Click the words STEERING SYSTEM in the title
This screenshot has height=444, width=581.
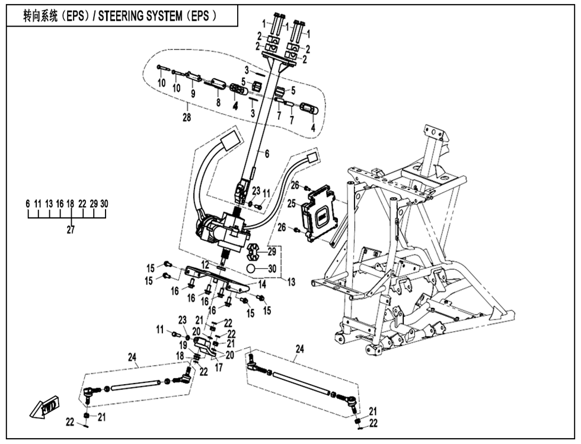click(x=141, y=17)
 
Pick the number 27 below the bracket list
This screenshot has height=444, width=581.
click(x=71, y=231)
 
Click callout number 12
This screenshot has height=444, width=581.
click(x=204, y=264)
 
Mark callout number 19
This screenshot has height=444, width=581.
click(x=184, y=345)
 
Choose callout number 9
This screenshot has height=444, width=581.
click(x=192, y=93)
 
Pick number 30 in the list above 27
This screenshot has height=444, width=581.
click(x=104, y=204)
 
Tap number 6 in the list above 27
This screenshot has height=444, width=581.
click(x=27, y=204)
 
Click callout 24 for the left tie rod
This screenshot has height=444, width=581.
click(x=132, y=357)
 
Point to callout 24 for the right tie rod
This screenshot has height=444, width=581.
click(x=299, y=349)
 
